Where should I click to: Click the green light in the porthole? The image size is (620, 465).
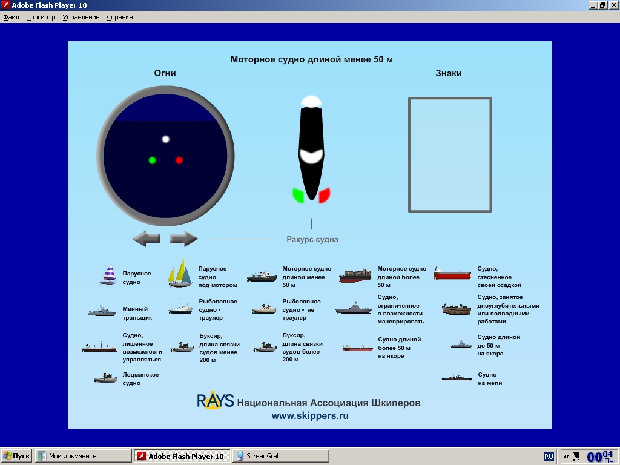(152, 160)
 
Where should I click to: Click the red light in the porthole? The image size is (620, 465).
(179, 160)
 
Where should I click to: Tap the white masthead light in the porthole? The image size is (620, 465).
(166, 139)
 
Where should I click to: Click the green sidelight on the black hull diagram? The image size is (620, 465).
(298, 196)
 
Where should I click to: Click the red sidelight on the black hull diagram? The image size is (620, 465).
(325, 196)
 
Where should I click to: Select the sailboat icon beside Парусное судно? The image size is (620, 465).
(108, 275)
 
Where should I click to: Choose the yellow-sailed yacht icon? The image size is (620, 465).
(180, 273)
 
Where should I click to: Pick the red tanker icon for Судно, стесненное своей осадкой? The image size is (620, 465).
(452, 274)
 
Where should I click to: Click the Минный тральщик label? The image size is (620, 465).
(137, 314)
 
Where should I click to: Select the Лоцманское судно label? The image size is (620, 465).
(140, 379)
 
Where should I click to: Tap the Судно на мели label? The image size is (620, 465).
(490, 379)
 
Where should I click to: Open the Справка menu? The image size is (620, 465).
(120, 17)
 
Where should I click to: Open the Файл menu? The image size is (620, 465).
(11, 17)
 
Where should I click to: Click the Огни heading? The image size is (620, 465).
(165, 73)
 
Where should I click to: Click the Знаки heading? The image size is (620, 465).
(449, 73)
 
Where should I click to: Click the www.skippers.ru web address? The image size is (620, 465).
(310, 415)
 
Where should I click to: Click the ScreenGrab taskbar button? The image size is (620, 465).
(281, 456)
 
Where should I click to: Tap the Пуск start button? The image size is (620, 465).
(16, 456)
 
